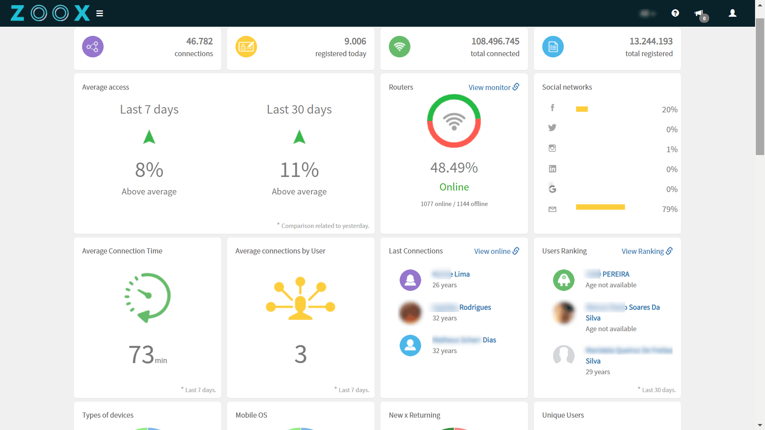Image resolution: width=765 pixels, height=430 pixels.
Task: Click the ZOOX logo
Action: click(x=50, y=13)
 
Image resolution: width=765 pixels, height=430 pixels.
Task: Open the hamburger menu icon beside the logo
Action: click(x=100, y=14)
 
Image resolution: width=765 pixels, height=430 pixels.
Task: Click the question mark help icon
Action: click(x=675, y=13)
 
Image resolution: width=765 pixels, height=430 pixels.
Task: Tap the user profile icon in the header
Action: click(x=732, y=13)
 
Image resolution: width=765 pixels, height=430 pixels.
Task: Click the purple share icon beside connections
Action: click(x=93, y=47)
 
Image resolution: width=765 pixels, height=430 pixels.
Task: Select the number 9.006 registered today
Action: click(x=355, y=41)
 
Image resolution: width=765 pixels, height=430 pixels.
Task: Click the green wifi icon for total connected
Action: click(x=399, y=47)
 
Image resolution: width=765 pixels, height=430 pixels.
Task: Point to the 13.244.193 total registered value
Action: click(x=651, y=41)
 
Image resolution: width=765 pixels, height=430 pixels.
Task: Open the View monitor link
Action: click(x=493, y=87)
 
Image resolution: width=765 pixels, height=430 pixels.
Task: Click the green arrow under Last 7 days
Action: click(x=149, y=137)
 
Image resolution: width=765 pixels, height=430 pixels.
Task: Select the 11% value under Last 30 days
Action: click(x=299, y=170)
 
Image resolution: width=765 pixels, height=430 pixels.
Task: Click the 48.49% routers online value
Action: click(x=454, y=168)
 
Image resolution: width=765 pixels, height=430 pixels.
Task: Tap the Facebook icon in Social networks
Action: click(x=552, y=108)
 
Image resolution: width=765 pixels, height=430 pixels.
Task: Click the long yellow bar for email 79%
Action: click(x=600, y=207)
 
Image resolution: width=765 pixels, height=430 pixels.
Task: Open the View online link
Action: click(x=496, y=251)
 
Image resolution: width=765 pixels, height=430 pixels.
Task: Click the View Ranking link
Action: click(x=646, y=251)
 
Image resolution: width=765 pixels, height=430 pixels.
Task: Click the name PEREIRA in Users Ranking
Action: click(x=616, y=274)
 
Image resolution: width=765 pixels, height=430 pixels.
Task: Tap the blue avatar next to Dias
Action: click(x=410, y=346)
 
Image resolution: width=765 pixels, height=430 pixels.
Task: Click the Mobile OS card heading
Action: click(x=251, y=415)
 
